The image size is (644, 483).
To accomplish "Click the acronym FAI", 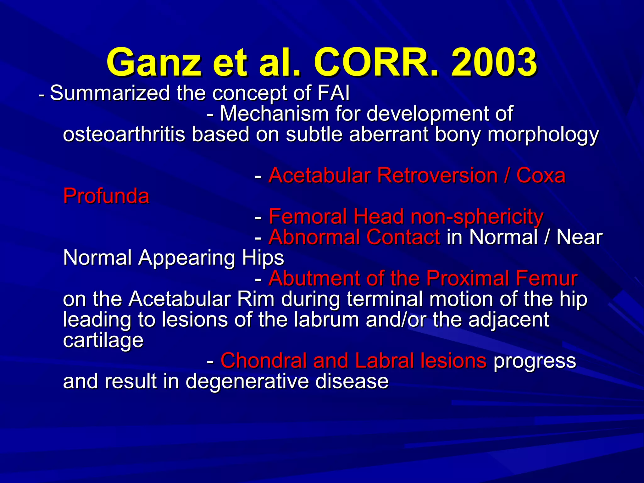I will coord(333,93).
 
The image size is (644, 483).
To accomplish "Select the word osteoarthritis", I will coord(124,134).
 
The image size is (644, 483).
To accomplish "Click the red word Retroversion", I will coord(437,175).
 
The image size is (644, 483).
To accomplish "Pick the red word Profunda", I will coord(106,196).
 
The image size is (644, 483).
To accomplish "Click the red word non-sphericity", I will coord(477,217).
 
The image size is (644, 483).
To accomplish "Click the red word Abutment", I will coord(314,278).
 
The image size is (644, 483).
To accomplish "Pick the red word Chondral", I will coord(264,361).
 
